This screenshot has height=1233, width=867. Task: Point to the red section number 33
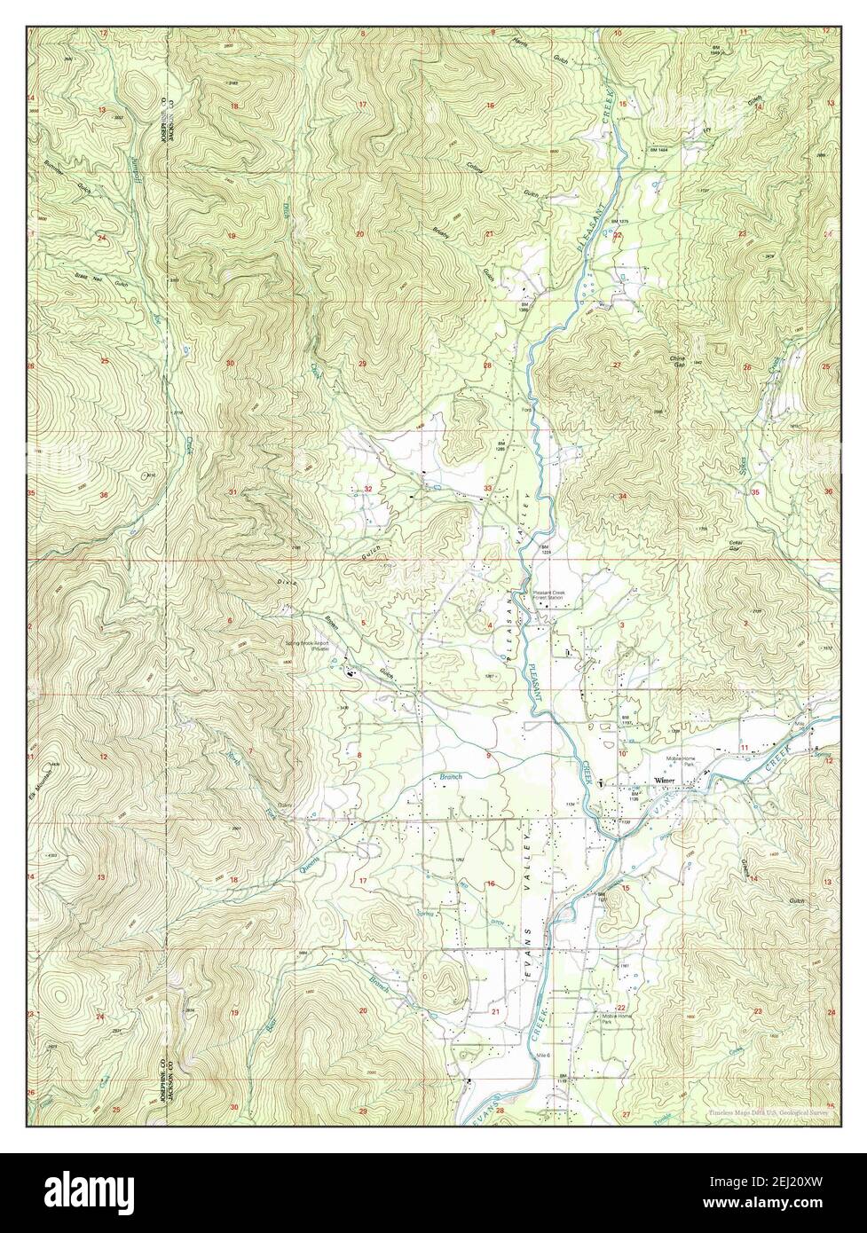pyautogui.click(x=487, y=489)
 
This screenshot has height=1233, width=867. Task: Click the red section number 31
pyautogui.click(x=233, y=491)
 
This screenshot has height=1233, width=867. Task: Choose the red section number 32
pyautogui.click(x=367, y=489)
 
